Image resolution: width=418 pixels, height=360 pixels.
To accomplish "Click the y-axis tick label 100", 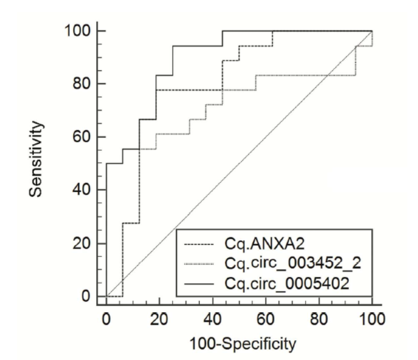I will tap(78, 30).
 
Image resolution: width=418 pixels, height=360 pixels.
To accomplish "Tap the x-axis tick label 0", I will tap(106, 318).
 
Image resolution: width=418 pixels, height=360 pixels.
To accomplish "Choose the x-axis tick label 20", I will tap(159, 318).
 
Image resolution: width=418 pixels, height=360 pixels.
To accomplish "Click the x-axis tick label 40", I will tap(213, 318).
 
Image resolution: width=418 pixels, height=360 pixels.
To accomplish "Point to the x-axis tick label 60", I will tap(266, 318).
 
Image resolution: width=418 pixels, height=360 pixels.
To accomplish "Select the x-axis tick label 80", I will tap(320, 318).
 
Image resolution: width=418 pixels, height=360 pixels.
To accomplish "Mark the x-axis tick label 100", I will tap(372, 318).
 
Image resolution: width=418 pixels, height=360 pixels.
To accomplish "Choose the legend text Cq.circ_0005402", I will tap(280, 284).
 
